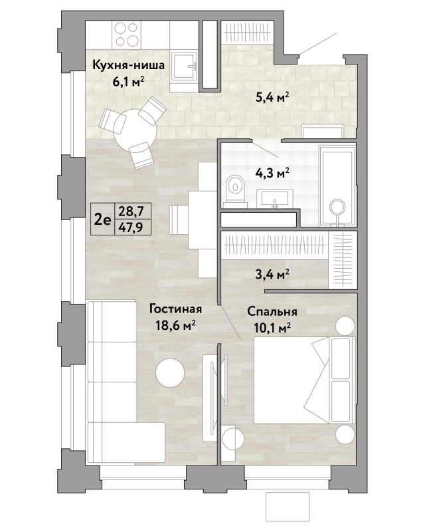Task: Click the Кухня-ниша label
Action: (x=128, y=65)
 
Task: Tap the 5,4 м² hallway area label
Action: (x=272, y=98)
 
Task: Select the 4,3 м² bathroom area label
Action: (x=272, y=174)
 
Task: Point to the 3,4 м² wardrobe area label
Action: (x=272, y=273)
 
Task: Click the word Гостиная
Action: (x=175, y=309)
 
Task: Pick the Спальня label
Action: (x=272, y=311)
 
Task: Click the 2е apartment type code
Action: (x=102, y=220)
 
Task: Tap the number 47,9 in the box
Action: (x=131, y=227)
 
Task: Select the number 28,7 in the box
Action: (x=131, y=211)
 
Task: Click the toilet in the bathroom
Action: (x=235, y=190)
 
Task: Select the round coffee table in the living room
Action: (x=170, y=373)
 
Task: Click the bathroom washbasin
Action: (x=274, y=198)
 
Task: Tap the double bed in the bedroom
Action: (x=304, y=380)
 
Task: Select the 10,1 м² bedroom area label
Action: (x=272, y=328)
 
